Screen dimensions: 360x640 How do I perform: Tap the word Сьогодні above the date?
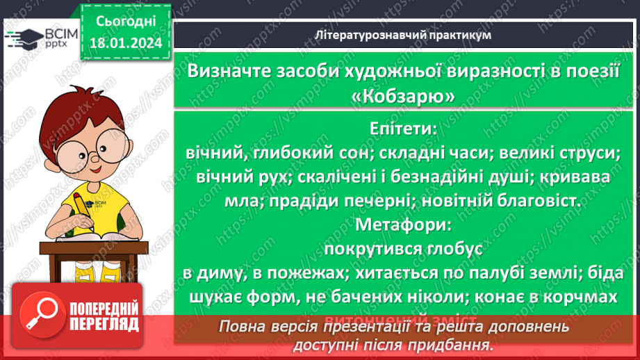(125, 22)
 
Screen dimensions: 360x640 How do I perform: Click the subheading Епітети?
(404, 129)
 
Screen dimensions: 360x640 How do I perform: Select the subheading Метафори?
(404, 225)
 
